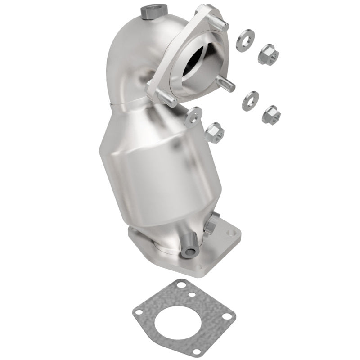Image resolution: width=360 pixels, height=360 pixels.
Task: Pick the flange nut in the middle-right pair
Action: click(x=271, y=113)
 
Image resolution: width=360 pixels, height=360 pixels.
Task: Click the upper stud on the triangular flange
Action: click(x=221, y=24)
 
